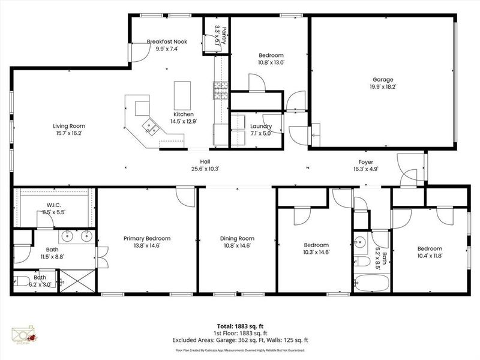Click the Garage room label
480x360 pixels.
[x=382, y=79]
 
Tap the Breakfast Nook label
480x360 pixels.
[x=167, y=41]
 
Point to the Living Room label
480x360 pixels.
[x=69, y=126]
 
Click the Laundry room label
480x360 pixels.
[x=261, y=127]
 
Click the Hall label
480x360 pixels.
[x=205, y=161]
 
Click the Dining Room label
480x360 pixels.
[x=237, y=238]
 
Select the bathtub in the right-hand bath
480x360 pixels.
[x=371, y=281]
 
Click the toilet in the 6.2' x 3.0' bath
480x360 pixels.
[x=22, y=280]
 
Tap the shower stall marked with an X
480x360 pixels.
[x=77, y=281]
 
